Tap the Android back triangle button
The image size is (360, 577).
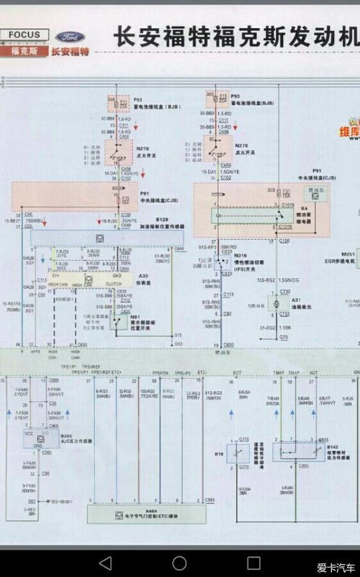[x=105, y=563]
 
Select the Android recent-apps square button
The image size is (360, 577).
[x=253, y=563]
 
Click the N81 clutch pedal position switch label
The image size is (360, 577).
[x=135, y=318]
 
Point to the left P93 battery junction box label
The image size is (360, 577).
[x=138, y=101]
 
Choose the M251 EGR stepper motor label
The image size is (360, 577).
[x=348, y=254]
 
